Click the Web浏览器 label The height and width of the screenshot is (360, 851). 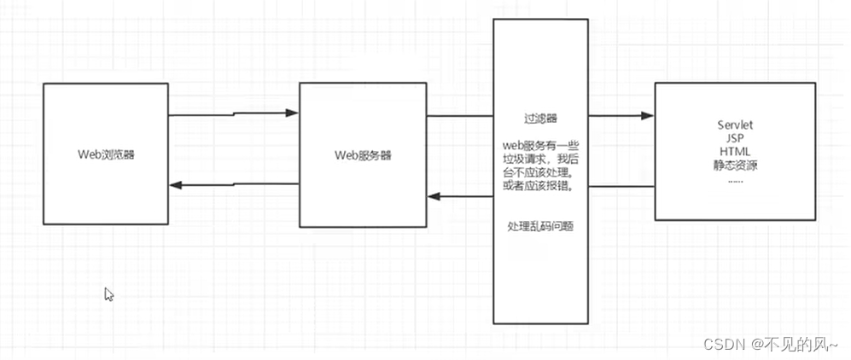pos(106,155)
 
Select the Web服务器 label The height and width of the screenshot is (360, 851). pos(363,155)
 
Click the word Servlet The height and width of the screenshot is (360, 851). pos(735,126)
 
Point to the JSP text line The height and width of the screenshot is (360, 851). pos(735,139)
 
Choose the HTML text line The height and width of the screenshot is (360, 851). pos(735,152)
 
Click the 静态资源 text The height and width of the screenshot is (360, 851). pos(735,165)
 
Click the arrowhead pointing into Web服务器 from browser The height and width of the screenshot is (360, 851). pos(292,113)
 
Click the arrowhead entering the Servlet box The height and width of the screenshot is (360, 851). pos(648,116)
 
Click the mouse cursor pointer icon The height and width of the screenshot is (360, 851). pos(108,293)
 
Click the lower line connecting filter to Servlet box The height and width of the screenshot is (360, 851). pos(621,186)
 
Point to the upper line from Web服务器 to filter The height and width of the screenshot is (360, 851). pos(461,116)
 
